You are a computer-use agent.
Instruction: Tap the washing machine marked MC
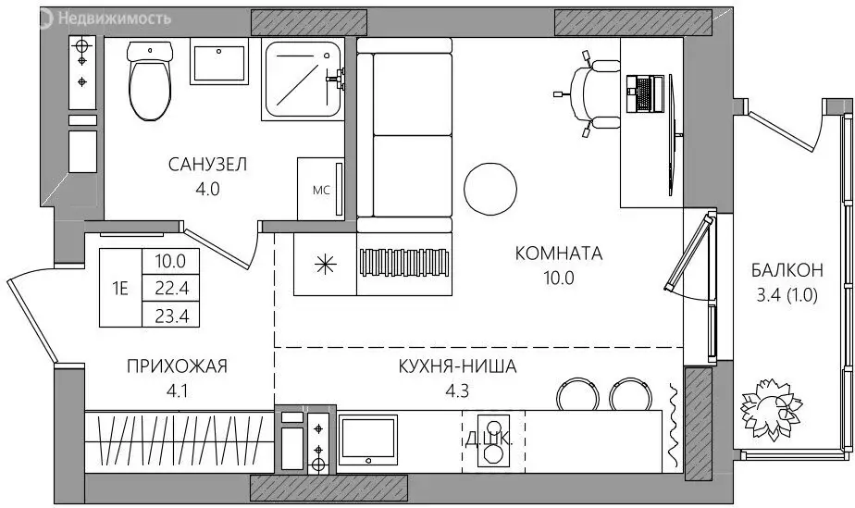(x=320, y=192)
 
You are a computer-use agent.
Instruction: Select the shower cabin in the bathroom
(x=302, y=81)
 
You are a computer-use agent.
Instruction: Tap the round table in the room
(x=489, y=187)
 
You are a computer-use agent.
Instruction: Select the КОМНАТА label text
(x=558, y=253)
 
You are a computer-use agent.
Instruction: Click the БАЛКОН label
(x=787, y=271)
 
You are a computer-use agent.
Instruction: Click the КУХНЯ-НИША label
(x=460, y=367)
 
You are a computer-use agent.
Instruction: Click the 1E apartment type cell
(x=120, y=288)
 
